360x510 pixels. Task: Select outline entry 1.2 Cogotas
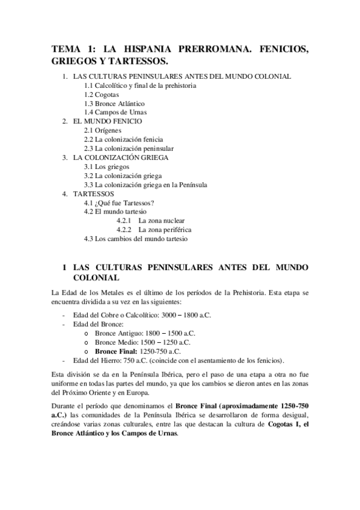[102, 94]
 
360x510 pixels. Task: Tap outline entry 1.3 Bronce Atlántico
[114, 103]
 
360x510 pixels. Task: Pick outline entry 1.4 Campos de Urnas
[115, 112]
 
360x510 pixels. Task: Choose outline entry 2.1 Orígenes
[103, 130]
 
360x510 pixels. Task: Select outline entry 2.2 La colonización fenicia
[123, 139]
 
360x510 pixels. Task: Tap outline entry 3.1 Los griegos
[106, 167]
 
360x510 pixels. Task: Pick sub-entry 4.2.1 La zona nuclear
[151, 221]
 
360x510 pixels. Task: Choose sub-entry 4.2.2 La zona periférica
[154, 230]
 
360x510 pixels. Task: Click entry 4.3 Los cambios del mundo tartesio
[136, 239]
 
